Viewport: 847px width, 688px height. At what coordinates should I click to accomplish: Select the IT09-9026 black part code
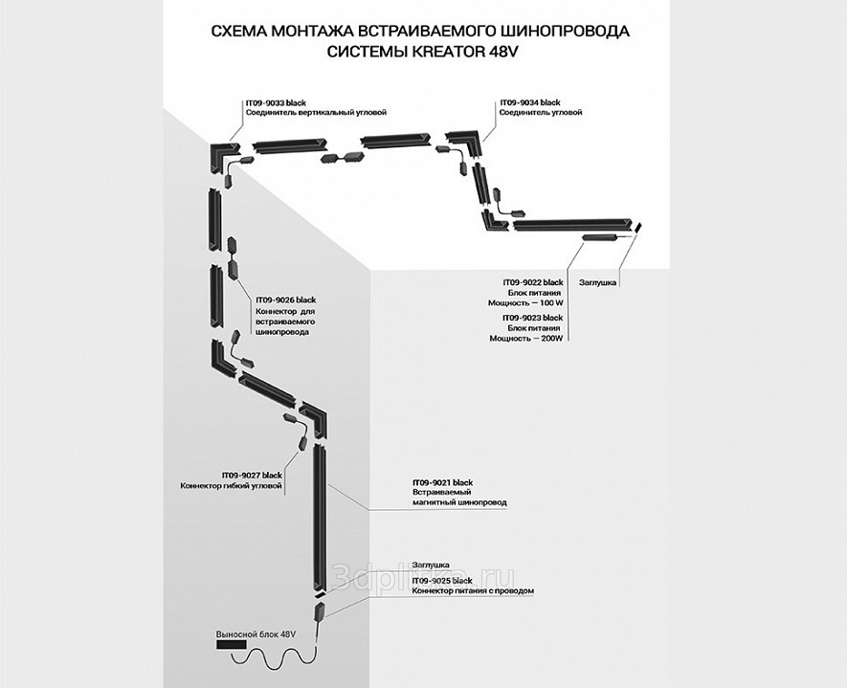tap(285, 300)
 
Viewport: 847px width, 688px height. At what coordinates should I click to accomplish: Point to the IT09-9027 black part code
tap(252, 476)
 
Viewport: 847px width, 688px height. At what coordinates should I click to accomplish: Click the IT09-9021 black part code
tap(442, 482)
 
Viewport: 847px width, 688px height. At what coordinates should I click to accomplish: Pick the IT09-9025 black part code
tap(442, 581)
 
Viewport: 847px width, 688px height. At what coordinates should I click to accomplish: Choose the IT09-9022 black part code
tap(533, 282)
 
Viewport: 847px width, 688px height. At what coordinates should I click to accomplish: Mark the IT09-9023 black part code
tap(533, 318)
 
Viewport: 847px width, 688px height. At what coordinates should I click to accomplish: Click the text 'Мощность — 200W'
tap(526, 339)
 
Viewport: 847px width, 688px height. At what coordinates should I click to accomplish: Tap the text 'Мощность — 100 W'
tap(525, 303)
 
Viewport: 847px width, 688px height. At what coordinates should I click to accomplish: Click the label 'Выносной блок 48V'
tap(256, 634)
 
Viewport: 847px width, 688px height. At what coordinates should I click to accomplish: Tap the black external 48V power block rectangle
tap(232, 645)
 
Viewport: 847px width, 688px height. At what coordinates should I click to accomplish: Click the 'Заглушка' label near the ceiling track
tap(597, 282)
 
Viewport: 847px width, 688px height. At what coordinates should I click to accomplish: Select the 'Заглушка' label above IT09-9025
tap(431, 566)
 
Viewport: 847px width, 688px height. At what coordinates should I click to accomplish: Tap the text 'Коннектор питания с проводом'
tap(473, 590)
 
